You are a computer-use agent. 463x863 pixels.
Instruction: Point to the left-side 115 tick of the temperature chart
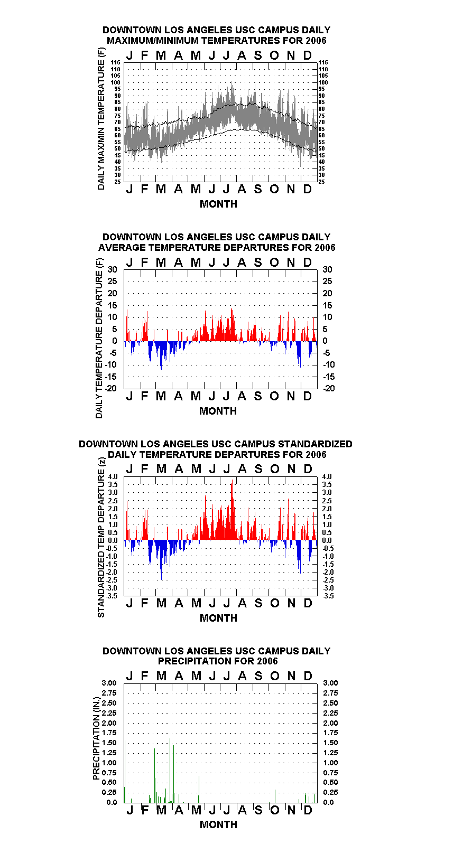coord(116,62)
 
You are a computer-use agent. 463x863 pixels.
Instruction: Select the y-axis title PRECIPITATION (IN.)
coord(96,738)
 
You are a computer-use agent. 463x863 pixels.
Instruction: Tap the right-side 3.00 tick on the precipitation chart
coord(330,683)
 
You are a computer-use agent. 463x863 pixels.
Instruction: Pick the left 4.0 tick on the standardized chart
coord(113,476)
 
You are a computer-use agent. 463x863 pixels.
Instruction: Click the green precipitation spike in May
coord(199,789)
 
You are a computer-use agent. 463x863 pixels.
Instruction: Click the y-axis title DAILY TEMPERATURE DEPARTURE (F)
coord(99,338)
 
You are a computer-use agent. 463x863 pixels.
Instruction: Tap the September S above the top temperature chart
coord(258,55)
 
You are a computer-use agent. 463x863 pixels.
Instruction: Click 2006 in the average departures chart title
coord(325,247)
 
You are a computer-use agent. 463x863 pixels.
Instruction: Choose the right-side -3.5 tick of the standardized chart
coord(328,596)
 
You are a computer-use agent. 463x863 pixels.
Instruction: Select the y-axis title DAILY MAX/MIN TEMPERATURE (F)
coord(101,119)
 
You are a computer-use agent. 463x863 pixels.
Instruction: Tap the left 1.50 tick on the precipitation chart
coord(109,743)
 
